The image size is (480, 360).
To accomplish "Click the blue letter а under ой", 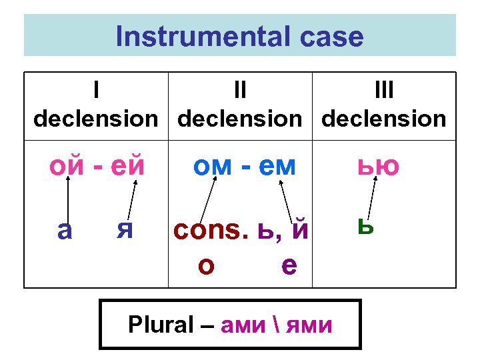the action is point(65,230).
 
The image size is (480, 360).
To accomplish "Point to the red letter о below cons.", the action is point(206,265).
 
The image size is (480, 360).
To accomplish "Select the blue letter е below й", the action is point(289,265).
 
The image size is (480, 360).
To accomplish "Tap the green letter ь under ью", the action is point(365,226).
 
